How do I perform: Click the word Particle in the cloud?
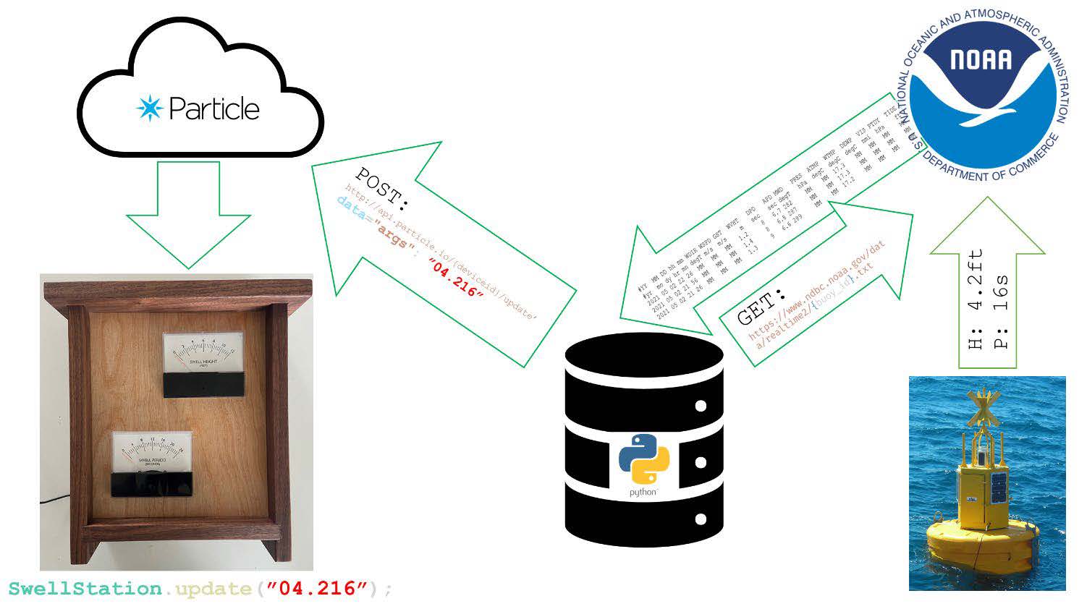213,109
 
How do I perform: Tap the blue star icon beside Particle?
150,108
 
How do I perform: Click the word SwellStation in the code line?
85,589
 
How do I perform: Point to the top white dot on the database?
700,406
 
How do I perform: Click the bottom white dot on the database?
700,519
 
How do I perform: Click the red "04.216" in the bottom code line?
313,589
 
